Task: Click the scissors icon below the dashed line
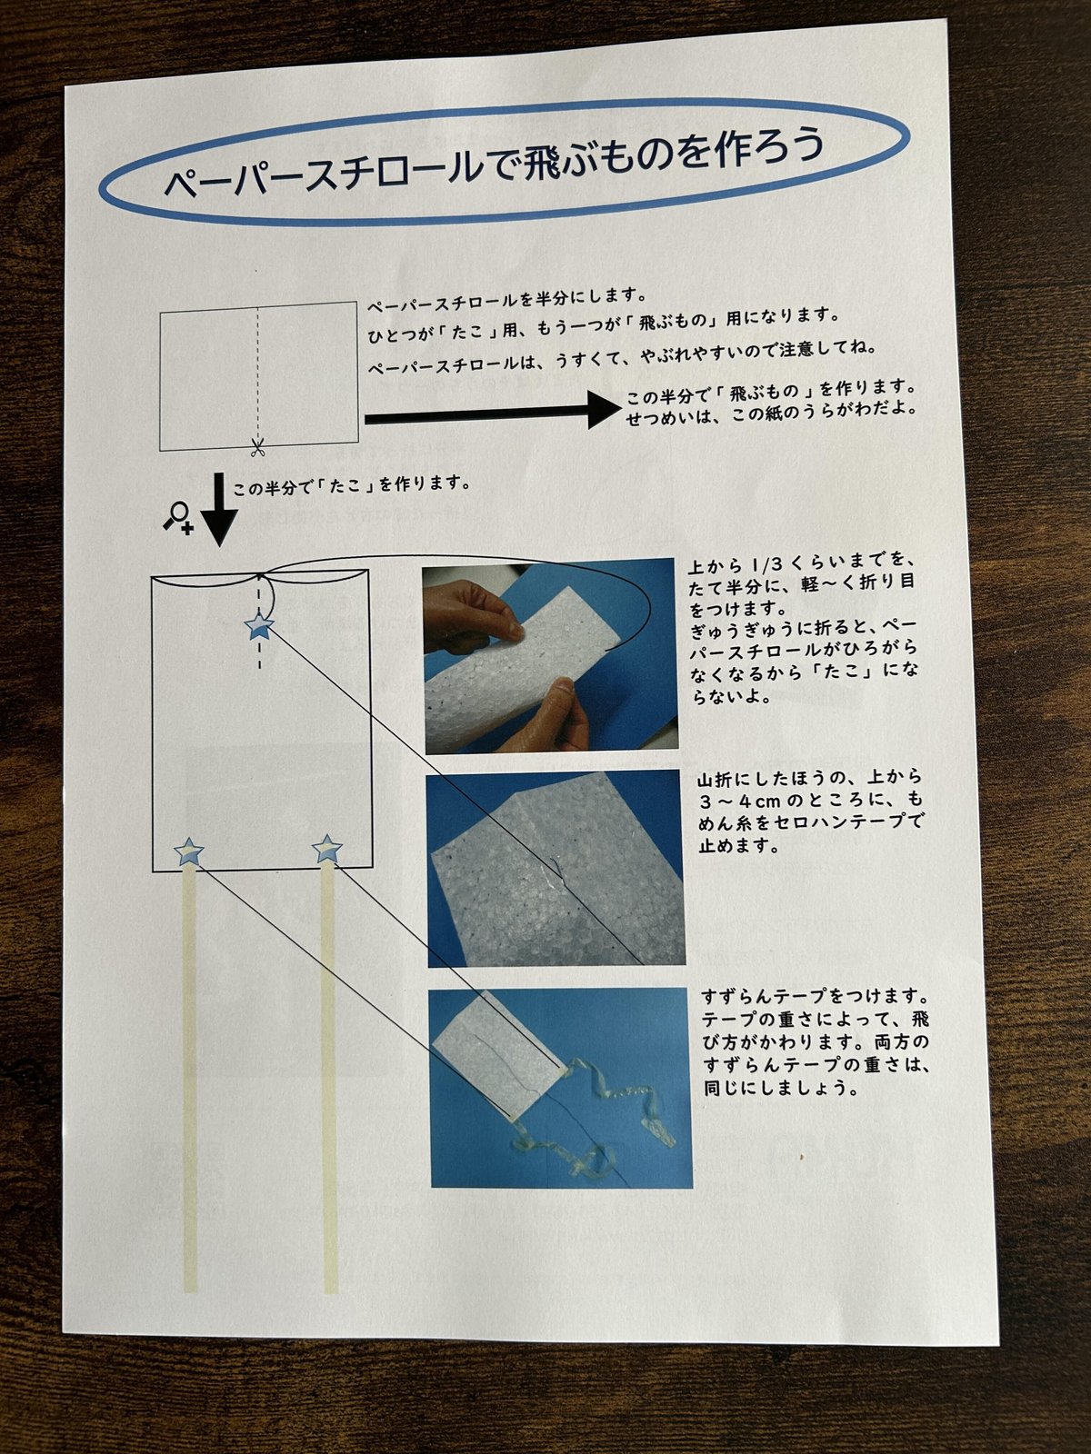[257, 448]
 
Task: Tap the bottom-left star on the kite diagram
[189, 851]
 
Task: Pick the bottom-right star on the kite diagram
[326, 849]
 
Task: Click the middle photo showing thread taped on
[556, 869]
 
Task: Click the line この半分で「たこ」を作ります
[352, 485]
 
